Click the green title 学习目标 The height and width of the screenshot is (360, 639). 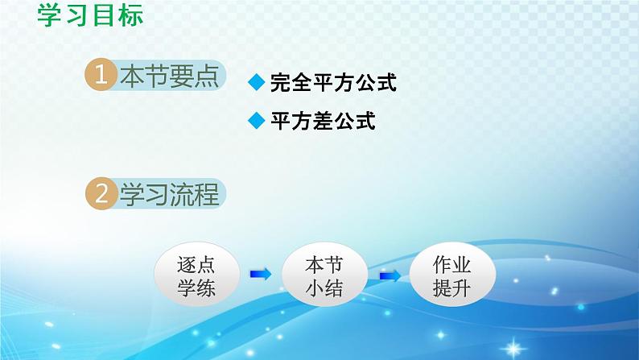[x=90, y=15]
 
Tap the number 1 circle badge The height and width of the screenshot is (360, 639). [x=101, y=75]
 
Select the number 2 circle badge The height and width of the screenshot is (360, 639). [x=101, y=193]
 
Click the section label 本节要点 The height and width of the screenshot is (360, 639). [x=170, y=76]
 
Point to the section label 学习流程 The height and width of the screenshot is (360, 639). [x=170, y=194]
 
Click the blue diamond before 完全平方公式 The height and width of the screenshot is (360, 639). [x=257, y=82]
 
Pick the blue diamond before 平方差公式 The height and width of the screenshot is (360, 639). [x=257, y=120]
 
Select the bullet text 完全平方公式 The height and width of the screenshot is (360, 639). [x=333, y=82]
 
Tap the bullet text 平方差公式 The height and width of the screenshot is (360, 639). [x=323, y=121]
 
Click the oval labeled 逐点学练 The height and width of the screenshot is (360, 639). [x=197, y=275]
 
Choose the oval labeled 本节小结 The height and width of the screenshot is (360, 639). [x=325, y=275]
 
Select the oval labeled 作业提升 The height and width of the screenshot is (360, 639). [x=452, y=275]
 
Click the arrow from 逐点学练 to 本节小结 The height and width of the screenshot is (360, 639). [x=261, y=274]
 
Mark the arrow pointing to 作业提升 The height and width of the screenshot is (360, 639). [x=390, y=276]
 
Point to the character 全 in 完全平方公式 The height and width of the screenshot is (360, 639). [x=302, y=82]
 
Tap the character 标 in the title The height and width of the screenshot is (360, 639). [x=130, y=15]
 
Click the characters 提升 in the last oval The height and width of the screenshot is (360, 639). [x=452, y=288]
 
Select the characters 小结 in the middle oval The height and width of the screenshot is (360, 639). [x=324, y=288]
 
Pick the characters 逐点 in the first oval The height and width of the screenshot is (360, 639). [x=196, y=265]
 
